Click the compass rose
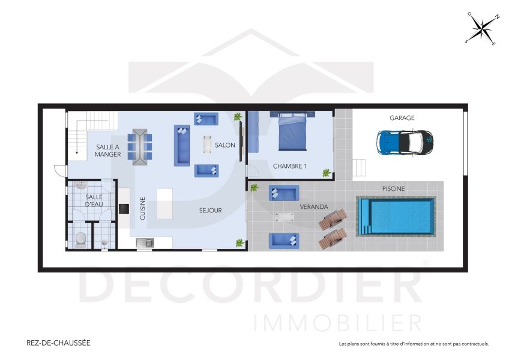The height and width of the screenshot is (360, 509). [x=482, y=29]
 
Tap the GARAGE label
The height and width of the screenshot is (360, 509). [x=402, y=118]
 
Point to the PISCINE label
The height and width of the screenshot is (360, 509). [x=393, y=188]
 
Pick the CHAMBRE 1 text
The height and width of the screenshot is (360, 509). [x=290, y=166]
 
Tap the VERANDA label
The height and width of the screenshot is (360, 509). [x=314, y=206]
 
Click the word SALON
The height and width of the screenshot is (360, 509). [x=225, y=145]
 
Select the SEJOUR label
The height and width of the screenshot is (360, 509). [x=211, y=211]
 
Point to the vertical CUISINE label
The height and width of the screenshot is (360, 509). [x=143, y=208]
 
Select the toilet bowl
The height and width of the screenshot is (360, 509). [x=80, y=239]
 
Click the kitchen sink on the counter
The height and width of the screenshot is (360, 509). [x=145, y=242]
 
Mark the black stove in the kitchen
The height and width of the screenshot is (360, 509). [x=123, y=209]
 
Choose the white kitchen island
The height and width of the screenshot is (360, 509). [x=164, y=203]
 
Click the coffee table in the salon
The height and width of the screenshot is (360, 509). [x=208, y=145]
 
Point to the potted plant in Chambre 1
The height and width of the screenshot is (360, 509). [x=326, y=173]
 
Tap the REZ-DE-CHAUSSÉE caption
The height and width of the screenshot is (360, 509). [x=59, y=343]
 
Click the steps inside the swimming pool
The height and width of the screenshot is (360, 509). [x=364, y=217]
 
